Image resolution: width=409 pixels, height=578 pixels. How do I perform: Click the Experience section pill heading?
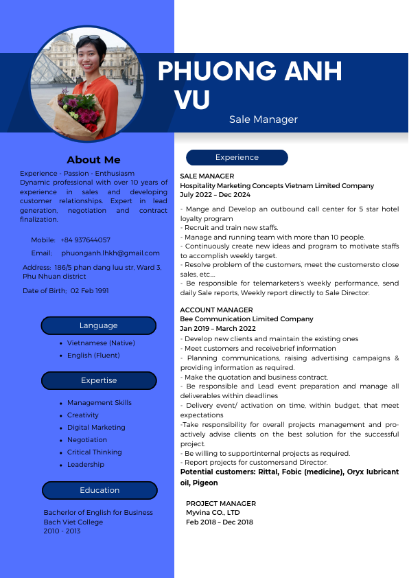pos(237,158)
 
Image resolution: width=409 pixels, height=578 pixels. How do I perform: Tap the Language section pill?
pos(98,325)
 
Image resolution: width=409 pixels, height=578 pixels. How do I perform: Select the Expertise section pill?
pos(98,380)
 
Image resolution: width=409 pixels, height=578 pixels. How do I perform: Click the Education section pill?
pos(100,490)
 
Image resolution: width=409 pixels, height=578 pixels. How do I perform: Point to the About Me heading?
pos(93,160)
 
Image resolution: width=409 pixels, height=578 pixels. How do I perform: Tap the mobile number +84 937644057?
pos(85,240)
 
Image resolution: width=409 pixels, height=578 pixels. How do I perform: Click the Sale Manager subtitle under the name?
pos(264,119)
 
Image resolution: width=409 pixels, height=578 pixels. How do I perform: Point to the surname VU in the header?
pos(192,100)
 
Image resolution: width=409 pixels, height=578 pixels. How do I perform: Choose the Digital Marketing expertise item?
pos(95,428)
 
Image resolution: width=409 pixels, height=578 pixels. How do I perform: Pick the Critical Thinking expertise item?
pos(94,452)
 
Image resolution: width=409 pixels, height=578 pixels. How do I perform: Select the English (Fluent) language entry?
pos(93,356)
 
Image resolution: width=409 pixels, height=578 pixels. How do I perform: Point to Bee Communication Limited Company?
pos(246,319)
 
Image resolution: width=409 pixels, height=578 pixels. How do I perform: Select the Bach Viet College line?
pos(73,522)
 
